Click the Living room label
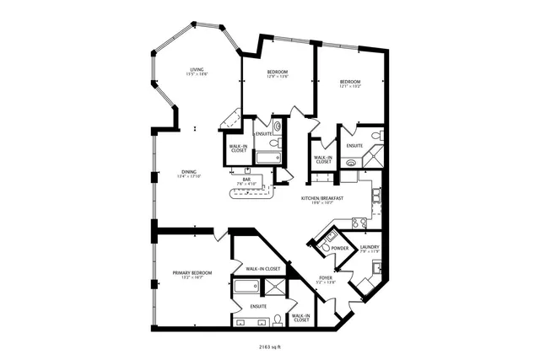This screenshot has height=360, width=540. (197, 69)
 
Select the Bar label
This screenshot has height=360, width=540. (246, 179)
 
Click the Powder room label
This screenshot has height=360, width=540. (340, 248)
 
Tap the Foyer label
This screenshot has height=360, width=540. (326, 277)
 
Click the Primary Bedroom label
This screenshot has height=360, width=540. (192, 272)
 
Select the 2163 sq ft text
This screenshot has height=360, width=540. (270, 346)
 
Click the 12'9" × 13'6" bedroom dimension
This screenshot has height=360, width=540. (278, 78)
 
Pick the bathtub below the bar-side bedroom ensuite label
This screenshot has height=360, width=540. (268, 158)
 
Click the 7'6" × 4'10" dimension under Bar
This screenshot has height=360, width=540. (246, 184)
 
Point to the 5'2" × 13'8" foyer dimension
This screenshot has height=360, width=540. (326, 282)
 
